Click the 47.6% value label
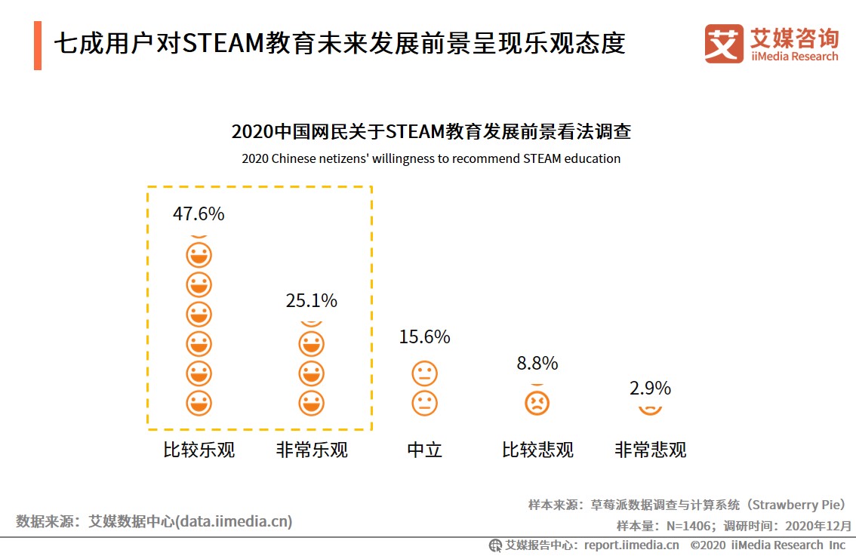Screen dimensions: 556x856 tap(199, 213)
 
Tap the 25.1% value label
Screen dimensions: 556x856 tap(311, 300)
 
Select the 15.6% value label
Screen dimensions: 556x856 tap(424, 336)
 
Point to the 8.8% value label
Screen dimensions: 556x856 tap(537, 363)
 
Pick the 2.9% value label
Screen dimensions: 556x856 tap(650, 388)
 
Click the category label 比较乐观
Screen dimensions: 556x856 tap(199, 450)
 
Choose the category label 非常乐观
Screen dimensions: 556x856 tap(312, 450)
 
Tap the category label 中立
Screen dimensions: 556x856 tap(424, 450)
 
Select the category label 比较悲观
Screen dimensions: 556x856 tap(537, 450)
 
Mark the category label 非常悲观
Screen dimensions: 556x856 tap(650, 450)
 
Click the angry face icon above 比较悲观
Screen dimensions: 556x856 tap(537, 402)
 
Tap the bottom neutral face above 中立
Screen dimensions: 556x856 tap(424, 402)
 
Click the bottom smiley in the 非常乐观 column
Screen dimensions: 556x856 tap(311, 402)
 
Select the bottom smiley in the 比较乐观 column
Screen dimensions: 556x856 tap(199, 402)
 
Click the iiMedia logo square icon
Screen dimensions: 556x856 tap(723, 44)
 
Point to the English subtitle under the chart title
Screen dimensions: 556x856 tap(431, 158)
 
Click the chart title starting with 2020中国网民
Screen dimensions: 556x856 tap(431, 132)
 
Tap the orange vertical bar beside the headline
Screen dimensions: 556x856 tap(38, 46)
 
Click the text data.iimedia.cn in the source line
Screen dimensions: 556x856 tap(234, 521)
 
